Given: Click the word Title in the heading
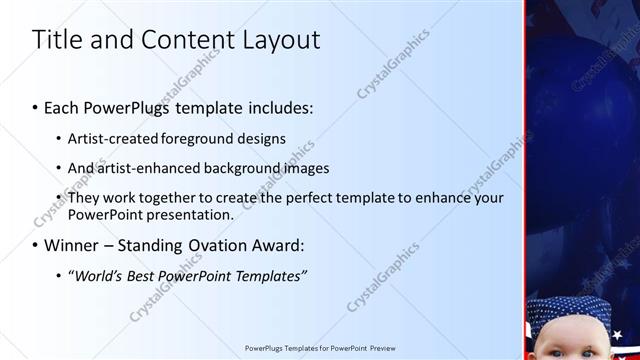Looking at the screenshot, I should (57, 41).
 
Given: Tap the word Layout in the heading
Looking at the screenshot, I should (278, 41).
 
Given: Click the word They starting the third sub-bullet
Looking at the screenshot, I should (86, 198).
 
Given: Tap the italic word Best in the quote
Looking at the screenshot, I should (139, 275).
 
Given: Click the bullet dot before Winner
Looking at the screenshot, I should (36, 245).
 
